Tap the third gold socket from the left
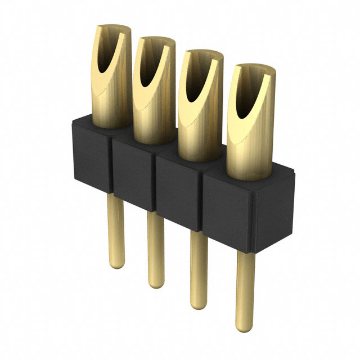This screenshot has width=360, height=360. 197,118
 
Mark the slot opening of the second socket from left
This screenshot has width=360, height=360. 149,67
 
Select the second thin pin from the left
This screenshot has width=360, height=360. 155,247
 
